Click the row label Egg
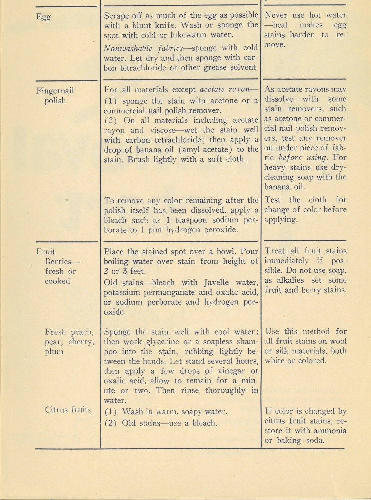click(x=44, y=16)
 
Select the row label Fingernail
click(x=56, y=91)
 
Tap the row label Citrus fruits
click(x=68, y=410)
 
